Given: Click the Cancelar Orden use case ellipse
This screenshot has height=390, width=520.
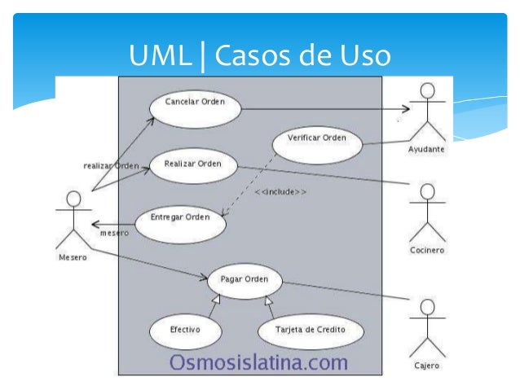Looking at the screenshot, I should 195,103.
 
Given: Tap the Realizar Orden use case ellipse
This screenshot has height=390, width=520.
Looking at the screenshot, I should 193,164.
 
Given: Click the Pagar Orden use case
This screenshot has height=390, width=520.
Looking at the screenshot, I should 245,279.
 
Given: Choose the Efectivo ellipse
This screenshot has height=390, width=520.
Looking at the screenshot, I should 185,331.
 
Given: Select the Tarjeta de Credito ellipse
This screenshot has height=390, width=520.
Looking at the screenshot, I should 311,331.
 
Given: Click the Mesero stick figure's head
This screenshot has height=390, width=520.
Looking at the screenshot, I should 73,199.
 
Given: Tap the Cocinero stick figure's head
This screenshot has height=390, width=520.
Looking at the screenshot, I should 426,191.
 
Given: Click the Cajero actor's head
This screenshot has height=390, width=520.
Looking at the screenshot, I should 425,307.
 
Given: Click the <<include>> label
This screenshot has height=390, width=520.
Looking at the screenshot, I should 280,192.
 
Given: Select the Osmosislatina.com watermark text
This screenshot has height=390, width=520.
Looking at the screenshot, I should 258,362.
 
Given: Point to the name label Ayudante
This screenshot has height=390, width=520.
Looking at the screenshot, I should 426,150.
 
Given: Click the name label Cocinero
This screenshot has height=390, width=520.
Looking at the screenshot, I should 426,250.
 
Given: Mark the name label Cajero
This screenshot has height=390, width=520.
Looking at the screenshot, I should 425,366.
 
